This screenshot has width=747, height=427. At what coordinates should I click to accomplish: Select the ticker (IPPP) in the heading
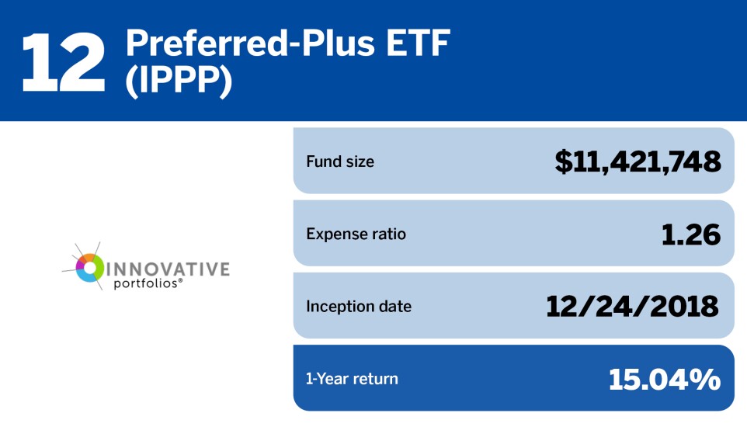[179, 82]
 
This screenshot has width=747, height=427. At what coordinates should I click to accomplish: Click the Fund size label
[340, 162]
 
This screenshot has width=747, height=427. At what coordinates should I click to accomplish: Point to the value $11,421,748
[638, 161]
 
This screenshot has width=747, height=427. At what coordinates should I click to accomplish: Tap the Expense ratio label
[356, 234]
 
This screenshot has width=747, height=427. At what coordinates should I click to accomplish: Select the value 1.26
[690, 234]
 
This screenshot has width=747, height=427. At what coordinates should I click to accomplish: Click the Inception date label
[359, 306]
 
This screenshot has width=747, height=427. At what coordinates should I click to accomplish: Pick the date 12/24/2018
[633, 306]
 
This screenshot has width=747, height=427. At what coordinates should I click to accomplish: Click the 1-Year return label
[352, 379]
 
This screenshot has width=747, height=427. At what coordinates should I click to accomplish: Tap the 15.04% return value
[665, 379]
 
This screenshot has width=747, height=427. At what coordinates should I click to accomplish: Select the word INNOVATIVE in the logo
[167, 269]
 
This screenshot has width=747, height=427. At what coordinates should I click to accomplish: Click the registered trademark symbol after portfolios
[181, 281]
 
